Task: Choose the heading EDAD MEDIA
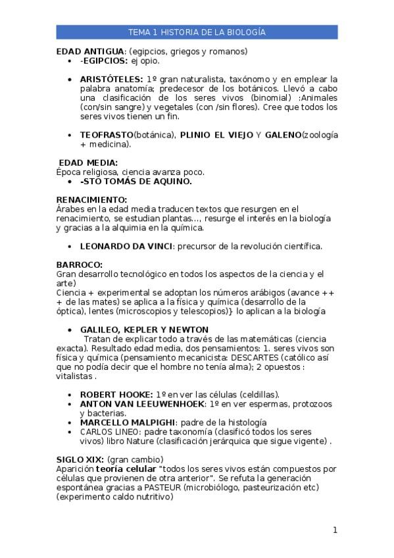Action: (88, 163)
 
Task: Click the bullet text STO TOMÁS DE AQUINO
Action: (136, 181)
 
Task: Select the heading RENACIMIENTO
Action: (91, 199)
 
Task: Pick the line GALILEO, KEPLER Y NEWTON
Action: (144, 329)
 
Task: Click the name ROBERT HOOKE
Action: (116, 393)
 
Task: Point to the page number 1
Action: (335, 530)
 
